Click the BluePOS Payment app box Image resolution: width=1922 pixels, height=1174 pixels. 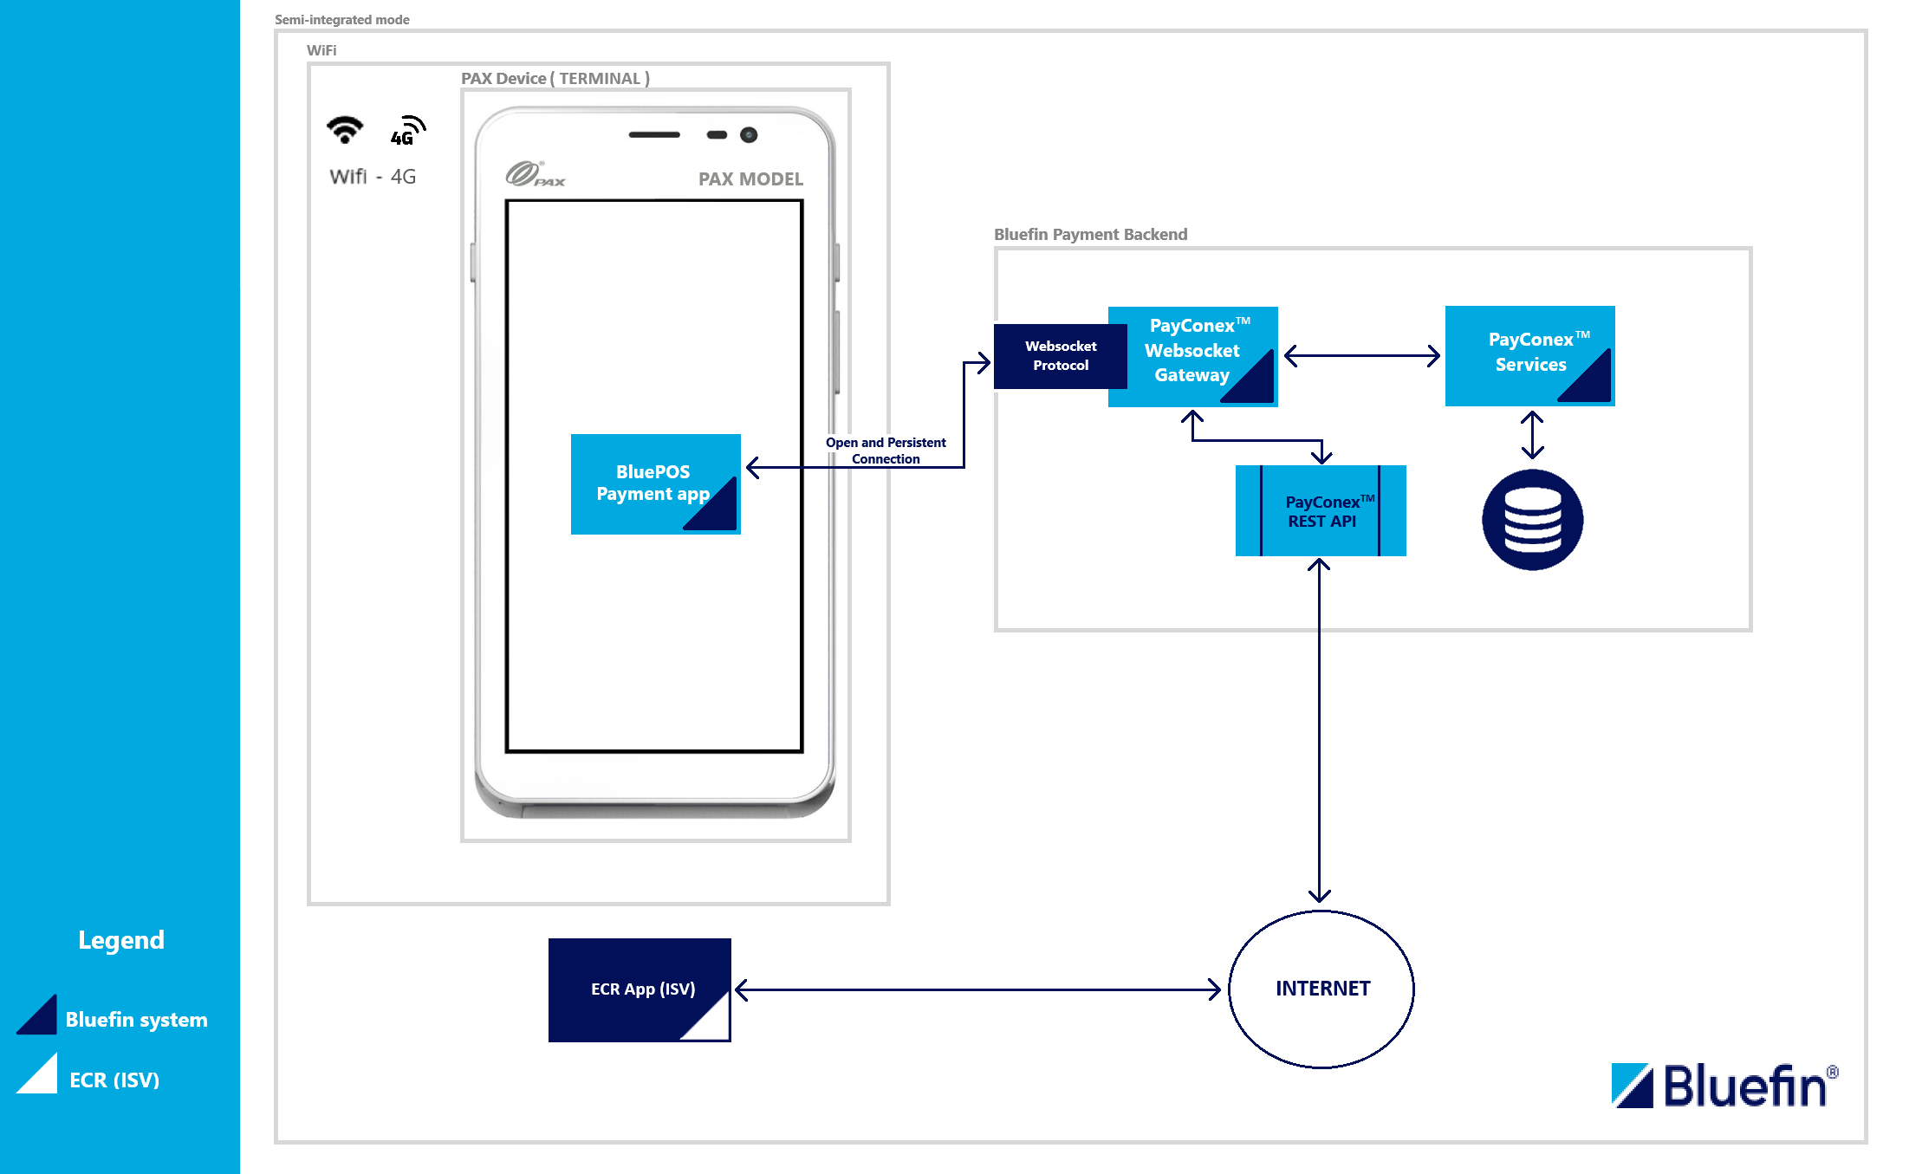pos(655,483)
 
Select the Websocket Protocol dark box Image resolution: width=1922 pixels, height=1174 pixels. pos(1059,356)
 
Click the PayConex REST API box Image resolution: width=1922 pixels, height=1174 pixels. pos(1320,511)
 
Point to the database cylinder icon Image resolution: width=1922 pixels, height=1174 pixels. pos(1532,520)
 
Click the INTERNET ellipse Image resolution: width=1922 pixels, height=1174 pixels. pos(1321,989)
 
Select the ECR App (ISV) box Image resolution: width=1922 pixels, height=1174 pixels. pos(640,989)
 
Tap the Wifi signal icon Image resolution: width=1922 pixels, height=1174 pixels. pos(345,130)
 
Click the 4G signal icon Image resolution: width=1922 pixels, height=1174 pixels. pos(407,131)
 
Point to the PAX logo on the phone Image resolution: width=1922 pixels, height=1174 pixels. pos(535,175)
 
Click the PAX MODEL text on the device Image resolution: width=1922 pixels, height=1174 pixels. pos(750,179)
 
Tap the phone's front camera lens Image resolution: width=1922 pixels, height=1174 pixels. pos(749,135)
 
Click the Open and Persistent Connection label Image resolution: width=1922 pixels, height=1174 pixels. pos(885,451)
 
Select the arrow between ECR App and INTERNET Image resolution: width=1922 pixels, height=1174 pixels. pos(977,989)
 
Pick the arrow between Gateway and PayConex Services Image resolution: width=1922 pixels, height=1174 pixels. pos(1361,355)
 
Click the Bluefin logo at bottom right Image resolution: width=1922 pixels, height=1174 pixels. pos(1723,1086)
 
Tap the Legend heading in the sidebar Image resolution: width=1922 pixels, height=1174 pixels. pos(121,940)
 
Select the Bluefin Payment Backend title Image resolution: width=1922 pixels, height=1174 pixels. pos(1090,235)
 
